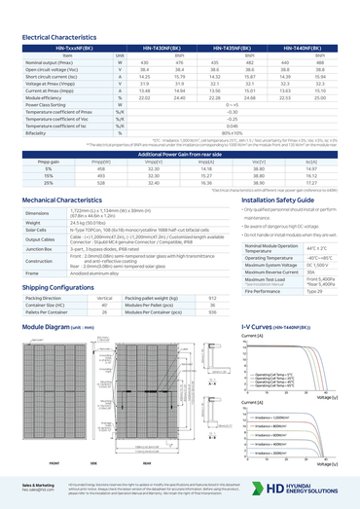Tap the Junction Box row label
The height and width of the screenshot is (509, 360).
pos(40,251)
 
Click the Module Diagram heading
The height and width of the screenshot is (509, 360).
pos(50,328)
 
